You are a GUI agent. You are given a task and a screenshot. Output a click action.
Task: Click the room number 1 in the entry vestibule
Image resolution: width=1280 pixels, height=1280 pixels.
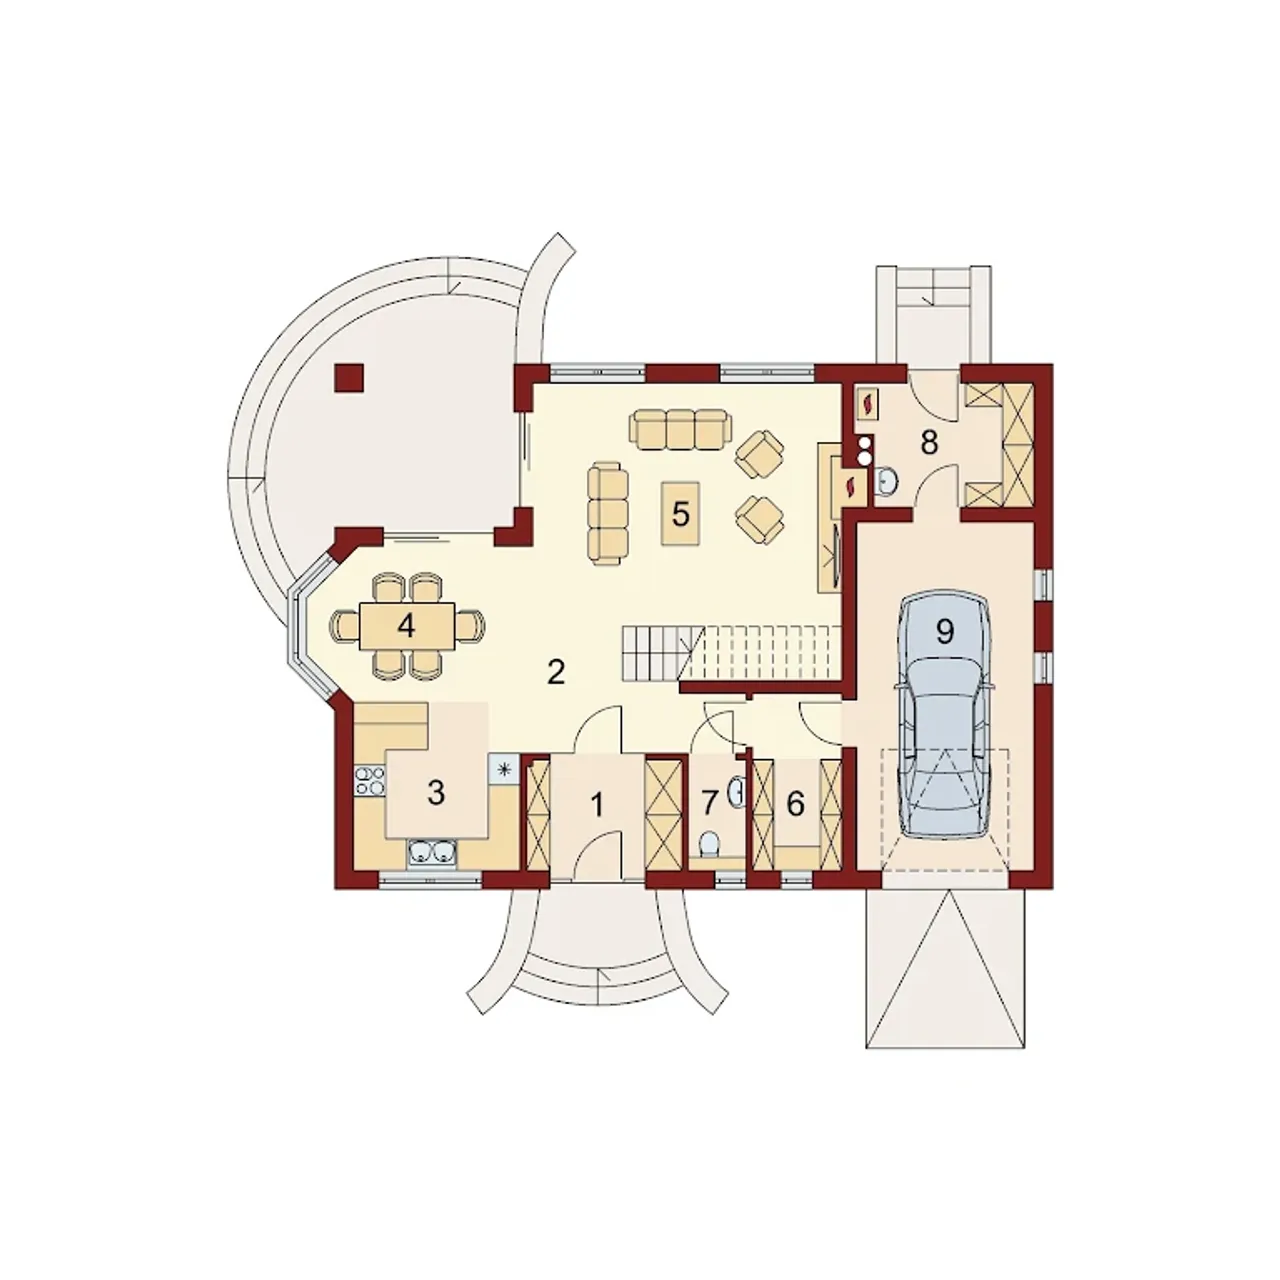point(598,806)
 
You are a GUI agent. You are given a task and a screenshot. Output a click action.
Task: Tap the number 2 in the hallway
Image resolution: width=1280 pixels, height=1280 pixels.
point(556,673)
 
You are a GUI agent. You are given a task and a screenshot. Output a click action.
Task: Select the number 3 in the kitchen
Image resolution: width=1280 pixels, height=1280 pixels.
point(436,792)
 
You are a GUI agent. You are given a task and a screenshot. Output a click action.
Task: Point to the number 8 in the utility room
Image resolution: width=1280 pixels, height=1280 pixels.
point(929,442)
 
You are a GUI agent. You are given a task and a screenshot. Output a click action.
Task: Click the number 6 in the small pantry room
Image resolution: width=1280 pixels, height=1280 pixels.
point(795,804)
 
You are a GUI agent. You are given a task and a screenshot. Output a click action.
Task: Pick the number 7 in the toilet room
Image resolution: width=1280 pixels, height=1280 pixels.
point(709,804)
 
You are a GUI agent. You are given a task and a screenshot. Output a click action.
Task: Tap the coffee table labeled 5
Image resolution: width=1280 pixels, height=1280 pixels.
point(680,513)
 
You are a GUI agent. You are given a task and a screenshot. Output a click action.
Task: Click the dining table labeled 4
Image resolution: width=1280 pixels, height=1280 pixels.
point(407,626)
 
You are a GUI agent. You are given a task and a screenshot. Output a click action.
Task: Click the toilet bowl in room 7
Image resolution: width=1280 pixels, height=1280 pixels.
point(709,845)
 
